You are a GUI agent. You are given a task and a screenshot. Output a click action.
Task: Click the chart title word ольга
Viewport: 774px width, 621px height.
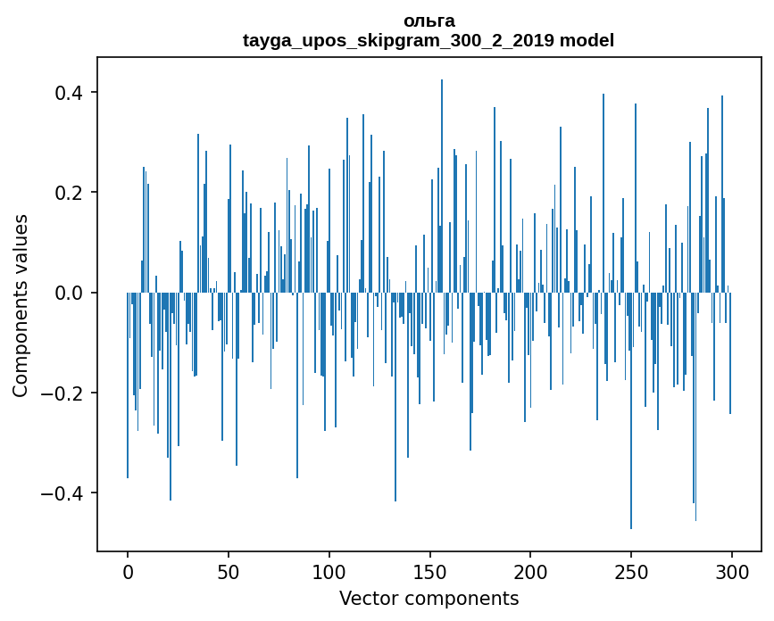(429, 21)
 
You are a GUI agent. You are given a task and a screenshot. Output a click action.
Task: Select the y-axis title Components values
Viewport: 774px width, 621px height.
(21, 305)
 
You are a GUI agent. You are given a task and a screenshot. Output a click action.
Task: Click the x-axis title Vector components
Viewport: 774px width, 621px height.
(429, 598)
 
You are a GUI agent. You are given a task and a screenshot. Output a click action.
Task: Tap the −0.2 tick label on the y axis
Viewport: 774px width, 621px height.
(62, 393)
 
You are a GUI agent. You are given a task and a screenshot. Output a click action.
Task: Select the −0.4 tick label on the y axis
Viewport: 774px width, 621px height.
(62, 493)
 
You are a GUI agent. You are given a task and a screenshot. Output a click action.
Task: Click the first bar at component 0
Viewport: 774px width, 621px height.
(128, 393)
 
